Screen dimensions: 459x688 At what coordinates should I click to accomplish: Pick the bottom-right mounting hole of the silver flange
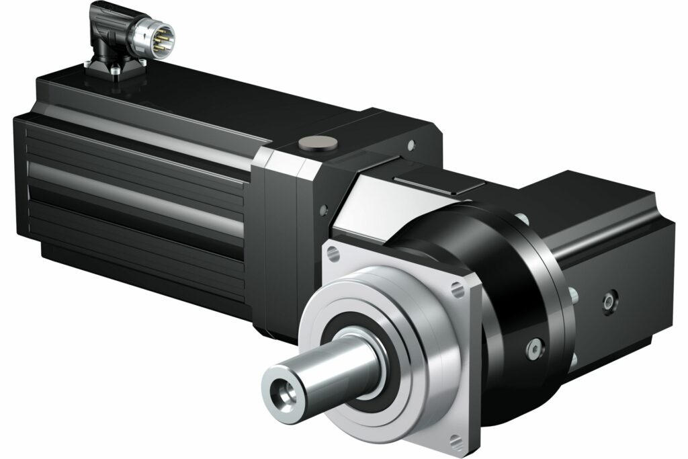point(458,441)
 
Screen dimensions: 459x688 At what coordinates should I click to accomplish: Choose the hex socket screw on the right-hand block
point(610,296)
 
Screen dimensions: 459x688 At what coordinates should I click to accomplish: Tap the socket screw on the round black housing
point(533,347)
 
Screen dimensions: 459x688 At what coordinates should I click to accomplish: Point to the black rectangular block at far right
point(605,255)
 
